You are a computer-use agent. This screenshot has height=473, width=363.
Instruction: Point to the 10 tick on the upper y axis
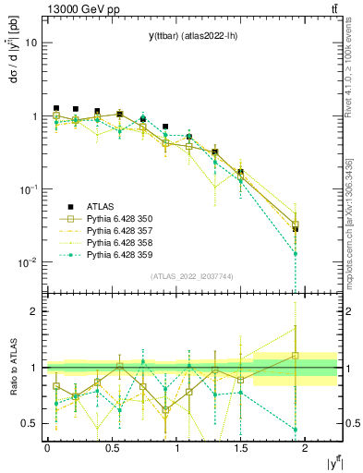coord(32,42)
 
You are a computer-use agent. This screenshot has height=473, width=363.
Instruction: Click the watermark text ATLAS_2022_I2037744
coord(192,276)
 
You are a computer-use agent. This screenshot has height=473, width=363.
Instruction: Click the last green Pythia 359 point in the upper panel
coord(296,253)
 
